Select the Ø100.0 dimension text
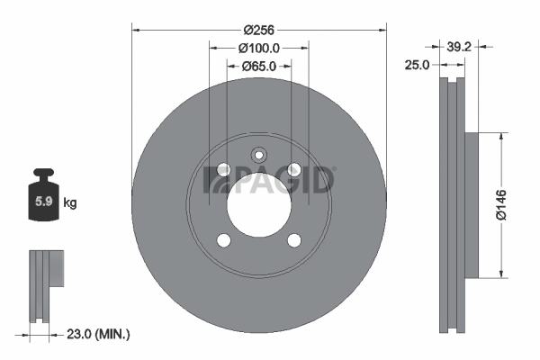(259, 48)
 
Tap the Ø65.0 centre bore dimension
(259, 67)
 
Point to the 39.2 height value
(461, 47)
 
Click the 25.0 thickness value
(417, 65)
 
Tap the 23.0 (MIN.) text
(99, 334)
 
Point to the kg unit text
(70, 203)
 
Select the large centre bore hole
(259, 205)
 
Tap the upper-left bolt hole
(224, 171)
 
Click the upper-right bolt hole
(294, 171)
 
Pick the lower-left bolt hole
(224, 240)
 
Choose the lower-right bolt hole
(294, 240)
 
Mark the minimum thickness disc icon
(47, 284)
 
